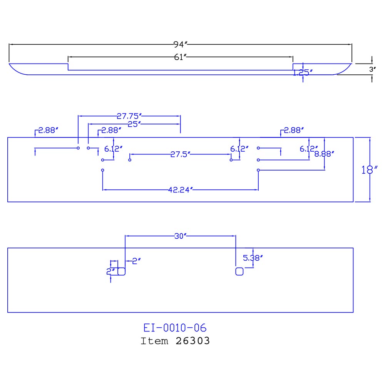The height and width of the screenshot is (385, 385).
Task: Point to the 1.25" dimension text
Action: [303, 72]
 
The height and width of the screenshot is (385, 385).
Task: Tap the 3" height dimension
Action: [372, 70]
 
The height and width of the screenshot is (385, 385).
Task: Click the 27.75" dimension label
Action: [130, 115]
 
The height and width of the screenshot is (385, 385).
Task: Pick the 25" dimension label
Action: [134, 124]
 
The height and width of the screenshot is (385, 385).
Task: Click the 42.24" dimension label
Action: [180, 189]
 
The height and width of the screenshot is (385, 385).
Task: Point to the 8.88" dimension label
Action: [324, 154]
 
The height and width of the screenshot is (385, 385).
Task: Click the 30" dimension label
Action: [180, 236]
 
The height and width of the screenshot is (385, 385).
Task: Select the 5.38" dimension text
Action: [253, 258]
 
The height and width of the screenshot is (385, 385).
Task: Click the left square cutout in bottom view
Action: [122, 271]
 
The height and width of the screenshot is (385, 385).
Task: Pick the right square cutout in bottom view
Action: [239, 271]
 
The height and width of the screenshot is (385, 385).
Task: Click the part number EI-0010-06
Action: [175, 328]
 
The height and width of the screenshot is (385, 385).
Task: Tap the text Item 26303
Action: [175, 341]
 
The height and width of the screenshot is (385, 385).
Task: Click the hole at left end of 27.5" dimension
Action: [130, 160]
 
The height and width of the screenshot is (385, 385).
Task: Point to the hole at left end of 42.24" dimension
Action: [102, 170]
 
